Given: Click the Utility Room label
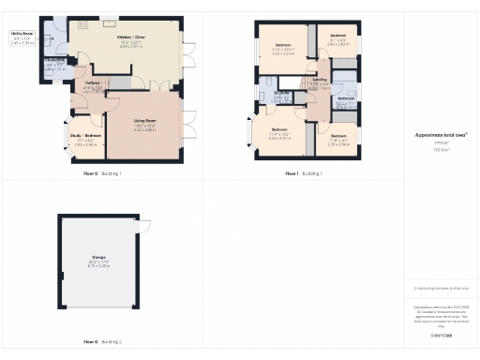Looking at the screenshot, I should point(22,33).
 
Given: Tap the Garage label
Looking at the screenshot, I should point(98,262).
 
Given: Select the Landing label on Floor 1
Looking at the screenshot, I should point(320,82).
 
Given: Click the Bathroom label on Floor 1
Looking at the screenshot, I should point(346,98).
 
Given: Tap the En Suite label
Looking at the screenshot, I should point(282,94).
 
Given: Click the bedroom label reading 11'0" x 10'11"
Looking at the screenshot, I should point(283,46).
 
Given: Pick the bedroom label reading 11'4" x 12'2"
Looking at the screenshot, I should point(279,128).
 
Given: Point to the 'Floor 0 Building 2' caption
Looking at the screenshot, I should point(103,342).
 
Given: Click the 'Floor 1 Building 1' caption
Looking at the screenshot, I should point(304,173).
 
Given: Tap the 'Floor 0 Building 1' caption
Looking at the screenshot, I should point(102,173).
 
